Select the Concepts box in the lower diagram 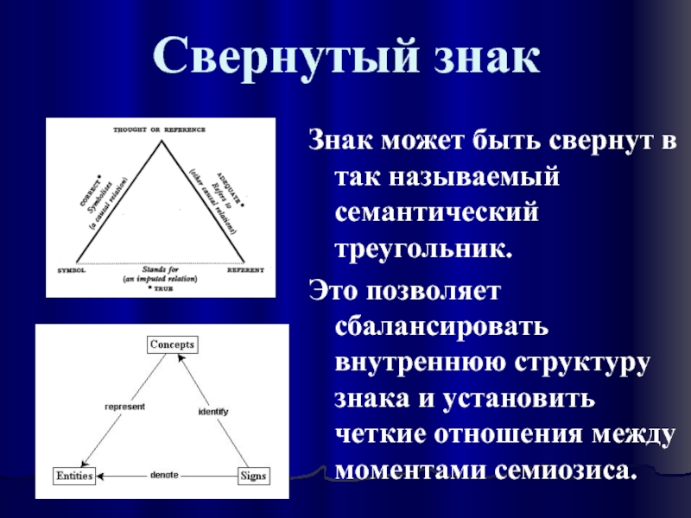click(173, 344)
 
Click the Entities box click(73, 476)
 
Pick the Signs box click(253, 476)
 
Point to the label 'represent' click(124, 406)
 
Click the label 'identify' click(212, 412)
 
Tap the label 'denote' click(164, 475)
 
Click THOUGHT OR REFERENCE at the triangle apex click(159, 129)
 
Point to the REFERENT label click(245, 269)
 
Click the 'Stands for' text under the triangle click(160, 269)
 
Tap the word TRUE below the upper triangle click(160, 287)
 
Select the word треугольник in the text click(423, 250)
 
